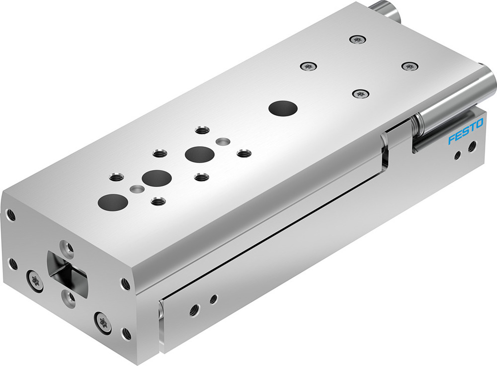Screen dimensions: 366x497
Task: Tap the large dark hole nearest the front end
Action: [112, 201]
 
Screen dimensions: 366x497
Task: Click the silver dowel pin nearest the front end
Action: [135, 189]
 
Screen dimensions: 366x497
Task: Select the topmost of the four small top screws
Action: [355, 39]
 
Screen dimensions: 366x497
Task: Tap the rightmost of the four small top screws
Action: [408, 66]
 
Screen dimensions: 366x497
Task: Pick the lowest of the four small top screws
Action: [361, 93]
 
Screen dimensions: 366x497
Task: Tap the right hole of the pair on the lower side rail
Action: [213, 299]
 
